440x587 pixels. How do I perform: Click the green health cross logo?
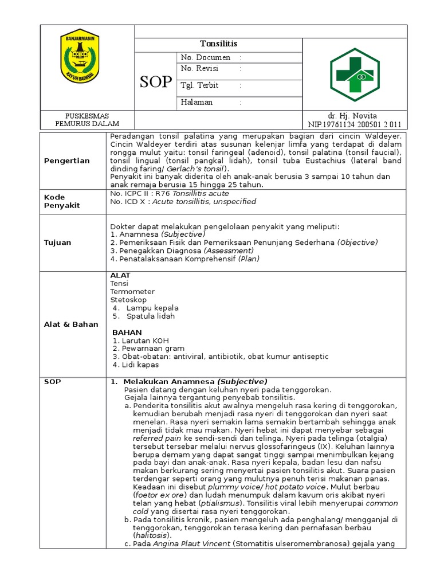[354, 75]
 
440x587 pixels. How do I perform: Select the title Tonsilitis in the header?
[218, 44]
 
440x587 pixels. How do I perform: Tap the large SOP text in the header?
[155, 82]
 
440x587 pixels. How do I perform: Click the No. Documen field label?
[206, 57]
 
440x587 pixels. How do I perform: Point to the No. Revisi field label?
[202, 69]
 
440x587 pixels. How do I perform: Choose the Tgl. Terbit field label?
[200, 85]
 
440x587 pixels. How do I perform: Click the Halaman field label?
[197, 102]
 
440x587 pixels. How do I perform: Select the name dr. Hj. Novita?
[355, 116]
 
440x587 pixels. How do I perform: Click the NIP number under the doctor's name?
[355, 124]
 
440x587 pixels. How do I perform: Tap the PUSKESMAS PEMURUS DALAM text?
[87, 120]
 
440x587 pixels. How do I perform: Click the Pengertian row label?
[67, 161]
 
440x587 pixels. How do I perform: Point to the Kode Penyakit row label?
[62, 201]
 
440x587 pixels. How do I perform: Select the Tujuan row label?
[58, 242]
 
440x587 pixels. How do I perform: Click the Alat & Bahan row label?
[71, 324]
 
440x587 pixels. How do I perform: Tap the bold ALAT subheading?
[120, 276]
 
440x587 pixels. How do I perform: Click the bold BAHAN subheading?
[127, 332]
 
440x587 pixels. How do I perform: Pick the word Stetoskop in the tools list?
[128, 300]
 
